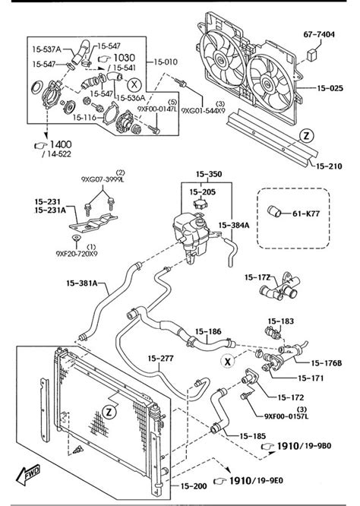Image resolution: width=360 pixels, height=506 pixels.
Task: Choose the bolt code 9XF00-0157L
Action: pyautogui.click(x=287, y=416)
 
